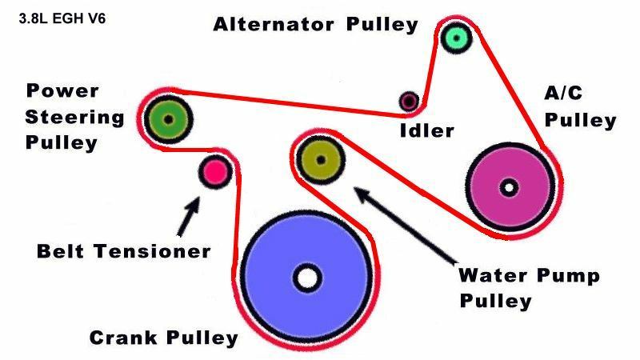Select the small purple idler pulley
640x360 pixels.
(x=410, y=101)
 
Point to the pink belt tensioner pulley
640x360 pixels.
(x=214, y=170)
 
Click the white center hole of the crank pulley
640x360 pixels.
(x=306, y=278)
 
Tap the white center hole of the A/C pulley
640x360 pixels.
(x=508, y=188)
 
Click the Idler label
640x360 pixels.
(x=426, y=130)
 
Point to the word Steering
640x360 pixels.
(x=74, y=118)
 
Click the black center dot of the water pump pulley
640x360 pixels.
(x=321, y=159)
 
